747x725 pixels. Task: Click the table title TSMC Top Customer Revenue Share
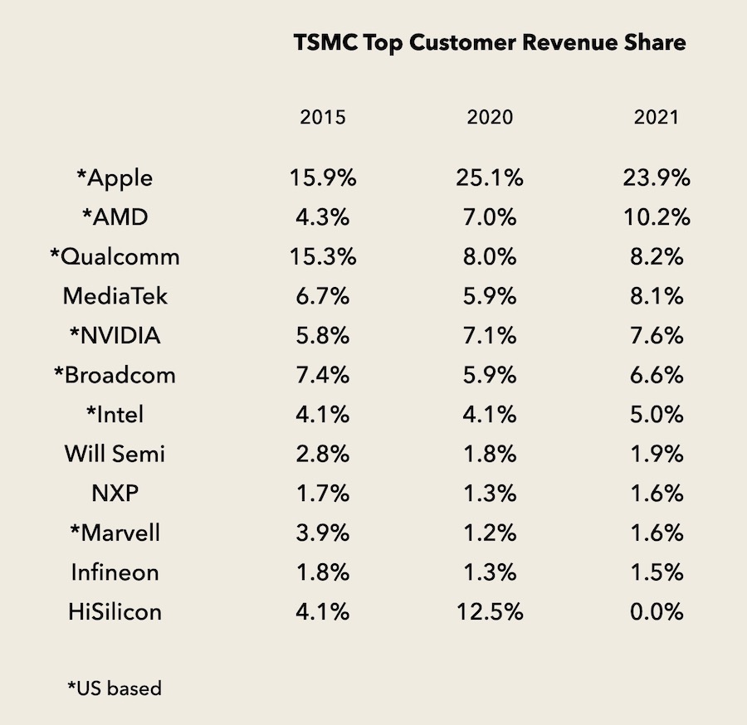490,44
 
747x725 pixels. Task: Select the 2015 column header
323,117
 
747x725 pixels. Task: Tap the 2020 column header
490,117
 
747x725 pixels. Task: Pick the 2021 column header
656,117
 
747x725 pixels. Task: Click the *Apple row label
114,178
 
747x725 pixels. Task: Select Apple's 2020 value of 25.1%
490,178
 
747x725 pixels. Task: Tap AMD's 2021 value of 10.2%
656,217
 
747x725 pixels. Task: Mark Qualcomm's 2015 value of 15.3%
323,257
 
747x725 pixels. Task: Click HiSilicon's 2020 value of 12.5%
490,612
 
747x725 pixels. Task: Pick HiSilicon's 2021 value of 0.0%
656,612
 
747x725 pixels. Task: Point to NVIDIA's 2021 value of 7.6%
656,336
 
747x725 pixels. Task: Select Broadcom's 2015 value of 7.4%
323,375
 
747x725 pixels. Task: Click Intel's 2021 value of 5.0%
656,415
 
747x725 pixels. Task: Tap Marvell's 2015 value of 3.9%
323,533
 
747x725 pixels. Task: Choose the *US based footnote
114,688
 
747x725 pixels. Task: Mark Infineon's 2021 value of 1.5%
656,572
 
